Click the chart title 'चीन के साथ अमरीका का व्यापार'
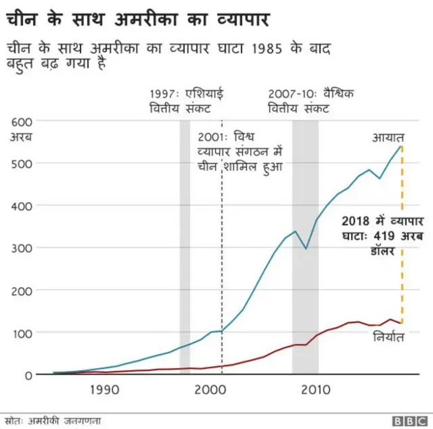(138, 18)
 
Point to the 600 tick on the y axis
(20, 121)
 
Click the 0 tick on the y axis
(28, 375)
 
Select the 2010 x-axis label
(315, 390)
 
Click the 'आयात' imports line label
(388, 137)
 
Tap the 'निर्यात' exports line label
(388, 336)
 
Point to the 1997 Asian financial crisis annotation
(181, 101)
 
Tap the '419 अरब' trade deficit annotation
(381, 235)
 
